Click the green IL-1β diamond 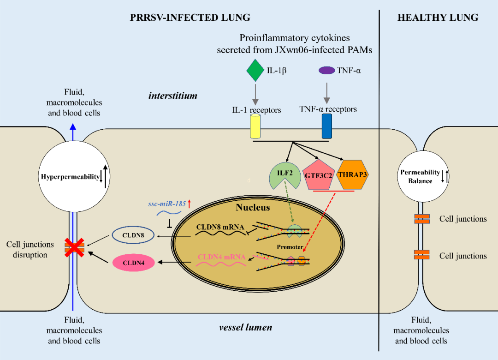click(x=254, y=70)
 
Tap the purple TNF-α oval click(x=327, y=71)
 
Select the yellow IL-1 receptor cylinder click(x=255, y=126)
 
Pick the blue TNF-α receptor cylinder click(x=327, y=126)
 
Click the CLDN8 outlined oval click(x=133, y=235)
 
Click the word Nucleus click(x=253, y=207)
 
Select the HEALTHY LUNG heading click(x=438, y=18)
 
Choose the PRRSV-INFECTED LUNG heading click(x=190, y=18)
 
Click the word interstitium click(x=173, y=96)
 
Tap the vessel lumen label click(x=245, y=327)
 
